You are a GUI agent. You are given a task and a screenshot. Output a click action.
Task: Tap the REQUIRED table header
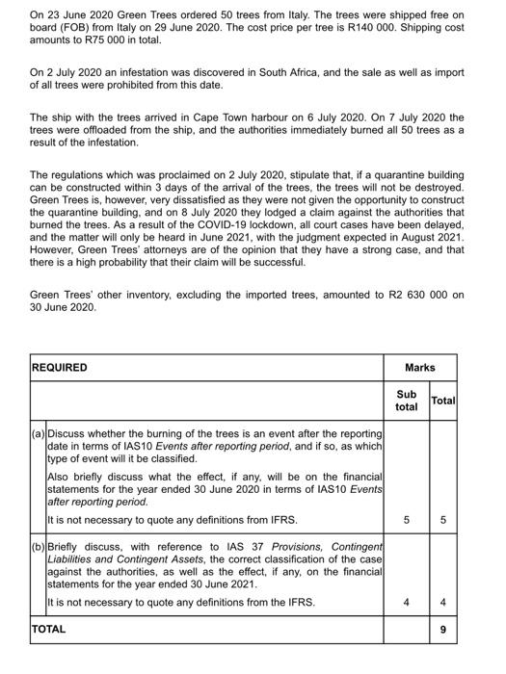pos(60,367)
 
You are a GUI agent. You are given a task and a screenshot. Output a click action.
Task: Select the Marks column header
pos(420,367)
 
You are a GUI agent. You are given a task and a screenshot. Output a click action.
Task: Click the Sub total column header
pos(406,401)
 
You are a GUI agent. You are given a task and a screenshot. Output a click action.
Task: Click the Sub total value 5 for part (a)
pos(406,521)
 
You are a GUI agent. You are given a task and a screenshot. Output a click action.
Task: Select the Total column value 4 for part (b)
pos(442,603)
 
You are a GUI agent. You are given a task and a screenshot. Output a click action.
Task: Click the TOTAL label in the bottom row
pos(49,629)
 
